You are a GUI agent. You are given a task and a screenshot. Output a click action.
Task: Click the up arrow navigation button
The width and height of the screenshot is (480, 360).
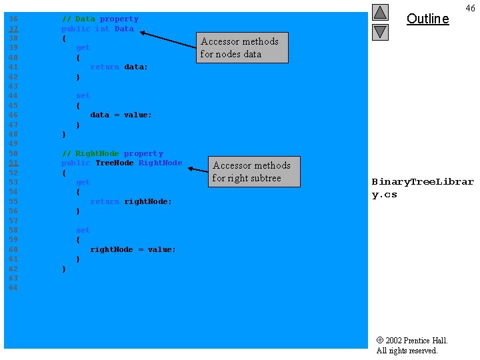[x=380, y=12]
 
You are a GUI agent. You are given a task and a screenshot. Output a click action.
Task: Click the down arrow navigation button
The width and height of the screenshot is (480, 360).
[x=380, y=31]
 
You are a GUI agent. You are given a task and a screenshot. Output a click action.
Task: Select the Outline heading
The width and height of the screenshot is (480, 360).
[x=427, y=19]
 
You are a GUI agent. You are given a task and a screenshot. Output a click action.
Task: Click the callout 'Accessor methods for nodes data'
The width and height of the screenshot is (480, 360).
[x=243, y=47]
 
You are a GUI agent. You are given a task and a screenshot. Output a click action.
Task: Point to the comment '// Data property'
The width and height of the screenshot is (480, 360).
[x=100, y=19]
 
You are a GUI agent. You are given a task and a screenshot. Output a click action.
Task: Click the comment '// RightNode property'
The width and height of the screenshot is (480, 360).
[x=112, y=153]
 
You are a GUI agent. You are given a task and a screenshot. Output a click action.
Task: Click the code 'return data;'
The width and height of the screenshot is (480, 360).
[x=119, y=67]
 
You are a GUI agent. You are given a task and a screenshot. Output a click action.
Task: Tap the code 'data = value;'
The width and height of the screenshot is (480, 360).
[x=121, y=115]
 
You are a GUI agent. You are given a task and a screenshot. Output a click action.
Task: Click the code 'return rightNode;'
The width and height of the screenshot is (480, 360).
[x=131, y=201]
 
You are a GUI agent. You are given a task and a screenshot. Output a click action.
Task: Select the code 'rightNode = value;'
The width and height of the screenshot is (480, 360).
[x=133, y=249]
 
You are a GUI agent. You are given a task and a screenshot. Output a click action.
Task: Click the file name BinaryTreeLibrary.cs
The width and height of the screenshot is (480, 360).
[x=423, y=187]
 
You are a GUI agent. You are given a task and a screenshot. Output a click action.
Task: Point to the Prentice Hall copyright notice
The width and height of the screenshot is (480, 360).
[x=411, y=345]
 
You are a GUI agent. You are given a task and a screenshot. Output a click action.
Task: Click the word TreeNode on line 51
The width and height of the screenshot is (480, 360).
[x=114, y=163]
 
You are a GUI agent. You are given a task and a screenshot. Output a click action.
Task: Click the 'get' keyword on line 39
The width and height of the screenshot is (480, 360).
[x=83, y=47]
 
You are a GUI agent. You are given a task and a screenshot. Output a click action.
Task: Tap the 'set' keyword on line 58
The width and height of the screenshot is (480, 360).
[x=83, y=230]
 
